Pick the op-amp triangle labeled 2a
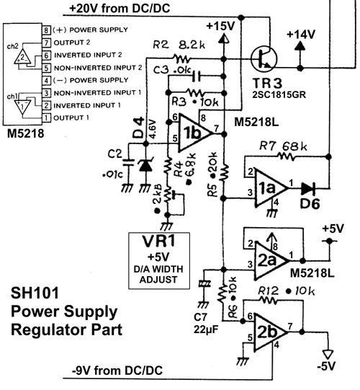point(269,257)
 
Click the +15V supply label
point(220,25)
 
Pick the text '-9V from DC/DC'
point(117,370)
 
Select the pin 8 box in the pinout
point(47,30)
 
